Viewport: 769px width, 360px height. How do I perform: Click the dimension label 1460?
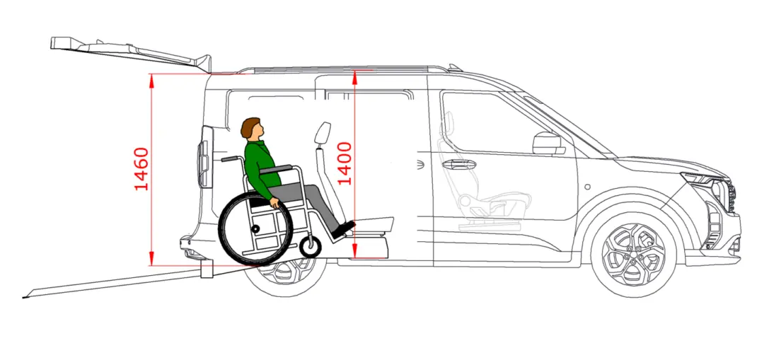[141, 168]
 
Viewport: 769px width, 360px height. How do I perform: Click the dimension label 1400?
[345, 163]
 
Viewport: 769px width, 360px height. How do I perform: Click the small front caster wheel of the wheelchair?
[311, 246]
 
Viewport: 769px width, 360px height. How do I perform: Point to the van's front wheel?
[633, 255]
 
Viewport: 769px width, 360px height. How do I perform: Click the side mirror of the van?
[548, 143]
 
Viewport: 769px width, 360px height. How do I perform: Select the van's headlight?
[704, 179]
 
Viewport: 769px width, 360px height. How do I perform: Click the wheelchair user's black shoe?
[343, 230]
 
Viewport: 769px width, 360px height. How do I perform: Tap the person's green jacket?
[259, 166]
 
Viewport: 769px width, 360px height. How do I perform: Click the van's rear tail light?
[204, 157]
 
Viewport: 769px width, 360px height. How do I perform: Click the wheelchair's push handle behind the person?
[231, 158]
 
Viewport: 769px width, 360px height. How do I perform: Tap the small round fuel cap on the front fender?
[588, 187]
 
